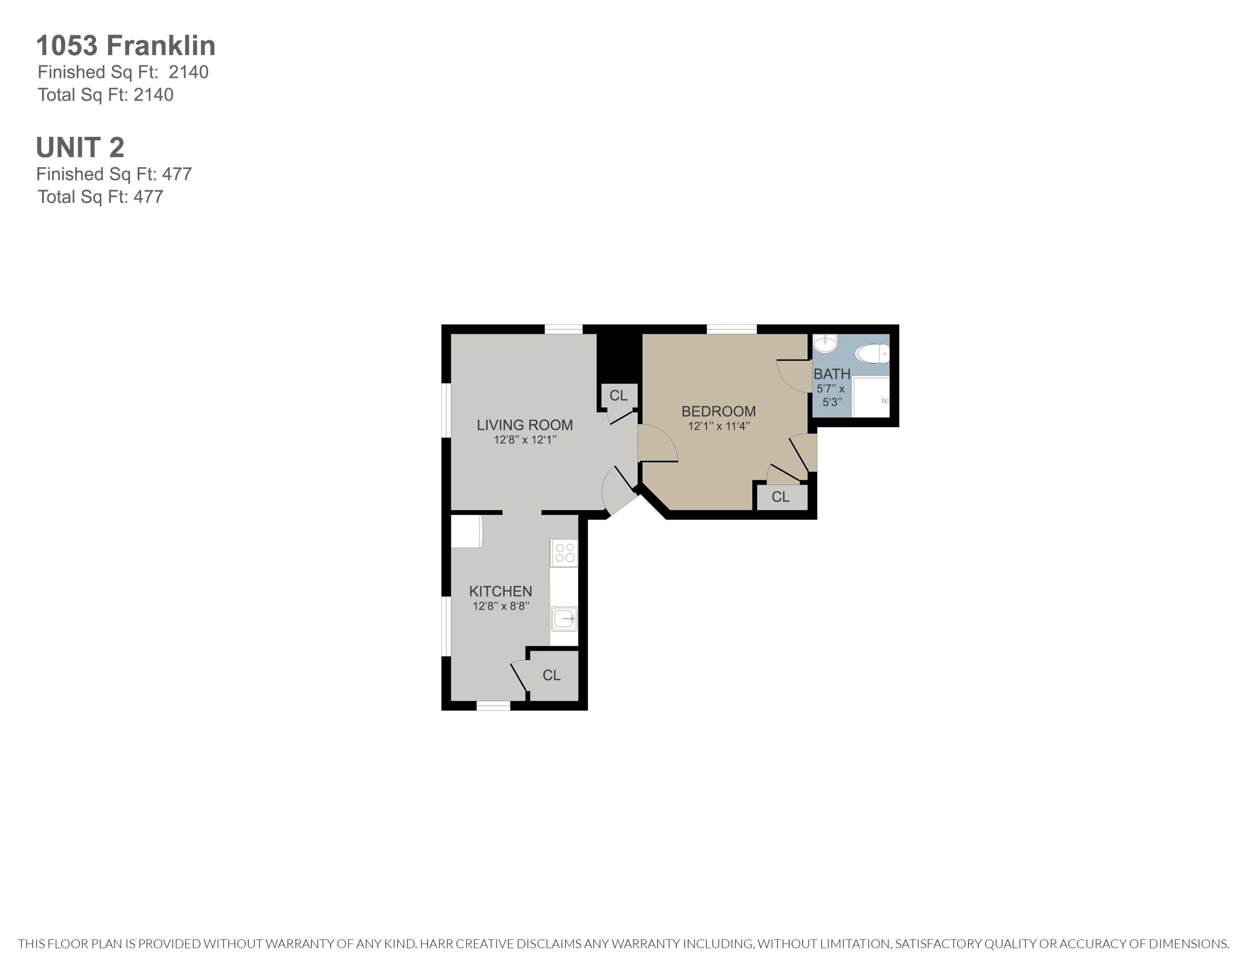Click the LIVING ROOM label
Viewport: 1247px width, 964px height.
(525, 425)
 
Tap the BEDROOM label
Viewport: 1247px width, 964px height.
(718, 411)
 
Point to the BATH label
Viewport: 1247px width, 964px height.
(832, 374)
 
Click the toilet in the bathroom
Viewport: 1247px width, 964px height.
(872, 353)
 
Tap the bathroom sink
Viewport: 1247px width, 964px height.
(825, 344)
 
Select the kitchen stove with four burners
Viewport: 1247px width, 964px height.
(564, 553)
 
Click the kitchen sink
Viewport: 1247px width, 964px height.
(564, 618)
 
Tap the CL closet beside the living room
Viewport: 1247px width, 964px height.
(619, 395)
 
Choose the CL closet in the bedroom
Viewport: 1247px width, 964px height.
(781, 497)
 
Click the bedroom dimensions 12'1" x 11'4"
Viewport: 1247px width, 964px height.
(718, 426)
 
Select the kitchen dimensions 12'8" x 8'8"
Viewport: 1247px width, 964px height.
(501, 606)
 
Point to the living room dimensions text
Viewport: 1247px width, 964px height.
(525, 440)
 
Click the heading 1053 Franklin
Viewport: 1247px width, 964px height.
(126, 46)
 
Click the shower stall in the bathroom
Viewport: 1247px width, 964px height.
(871, 397)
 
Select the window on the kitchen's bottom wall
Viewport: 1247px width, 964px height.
(493, 706)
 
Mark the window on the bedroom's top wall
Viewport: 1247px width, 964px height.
(732, 329)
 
